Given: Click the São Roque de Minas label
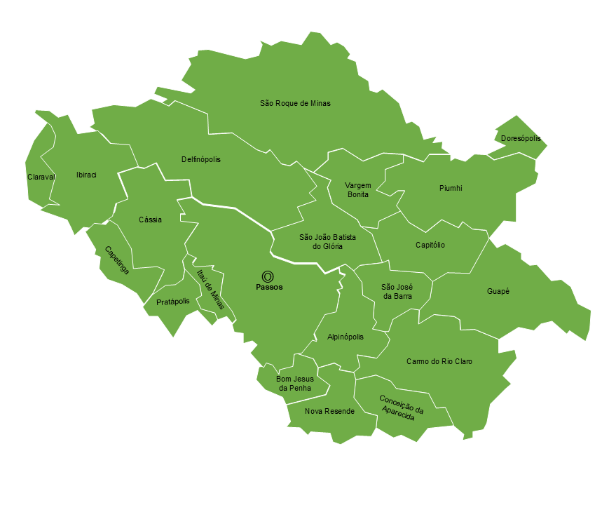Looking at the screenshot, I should [295, 103].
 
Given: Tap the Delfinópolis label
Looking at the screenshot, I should [201, 159].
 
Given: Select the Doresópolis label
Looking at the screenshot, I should [521, 139].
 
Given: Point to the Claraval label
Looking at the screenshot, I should [41, 177].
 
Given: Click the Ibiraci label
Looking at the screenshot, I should [86, 175].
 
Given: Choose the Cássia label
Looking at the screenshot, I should [150, 220].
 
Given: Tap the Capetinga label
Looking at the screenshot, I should [116, 260].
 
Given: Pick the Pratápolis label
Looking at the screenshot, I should [173, 302].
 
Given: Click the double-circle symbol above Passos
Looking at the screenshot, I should [268, 276].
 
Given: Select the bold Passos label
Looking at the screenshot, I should [269, 288].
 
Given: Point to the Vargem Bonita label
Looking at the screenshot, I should [357, 189].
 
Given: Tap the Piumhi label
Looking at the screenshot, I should [451, 188].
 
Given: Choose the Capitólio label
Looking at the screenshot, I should [430, 245].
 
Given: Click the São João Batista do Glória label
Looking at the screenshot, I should [327, 242].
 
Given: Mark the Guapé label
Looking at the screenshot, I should [498, 290].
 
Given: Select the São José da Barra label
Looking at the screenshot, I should [397, 291].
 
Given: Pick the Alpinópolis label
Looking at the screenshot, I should [345, 337].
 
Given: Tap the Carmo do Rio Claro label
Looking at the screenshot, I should [439, 361].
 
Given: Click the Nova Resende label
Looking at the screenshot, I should [329, 411].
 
